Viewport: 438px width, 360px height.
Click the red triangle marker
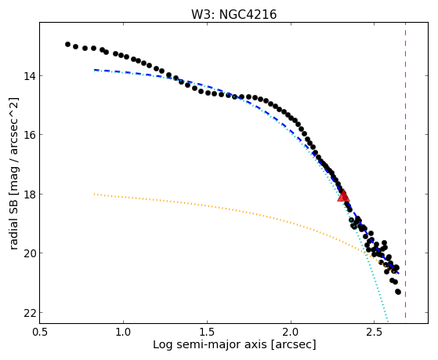[343, 196]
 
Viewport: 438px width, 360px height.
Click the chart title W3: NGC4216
[233, 15]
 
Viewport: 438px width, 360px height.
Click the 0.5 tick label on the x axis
[40, 332]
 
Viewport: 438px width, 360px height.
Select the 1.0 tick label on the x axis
[123, 332]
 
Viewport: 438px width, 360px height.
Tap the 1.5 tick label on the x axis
[207, 332]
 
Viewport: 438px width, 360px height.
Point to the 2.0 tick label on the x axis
[291, 332]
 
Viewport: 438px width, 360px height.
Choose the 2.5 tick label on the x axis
[375, 332]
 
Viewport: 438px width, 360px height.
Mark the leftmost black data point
[67, 44]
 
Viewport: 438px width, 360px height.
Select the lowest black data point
[398, 292]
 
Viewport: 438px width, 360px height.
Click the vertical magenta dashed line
[405, 170]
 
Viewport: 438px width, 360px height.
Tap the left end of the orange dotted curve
[94, 194]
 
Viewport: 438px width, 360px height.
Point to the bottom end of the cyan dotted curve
[388, 321]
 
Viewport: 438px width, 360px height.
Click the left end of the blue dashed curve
[94, 70]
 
